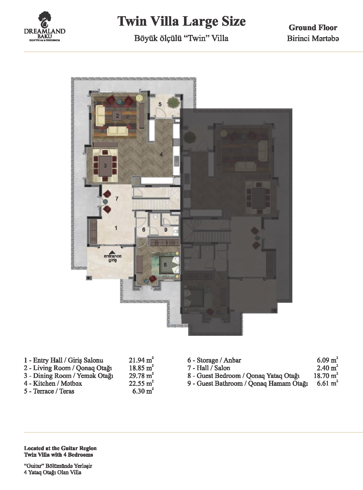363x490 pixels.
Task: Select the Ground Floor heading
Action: click(x=313, y=28)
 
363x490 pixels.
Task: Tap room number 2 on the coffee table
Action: click(x=118, y=115)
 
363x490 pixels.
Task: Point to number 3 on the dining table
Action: click(x=105, y=166)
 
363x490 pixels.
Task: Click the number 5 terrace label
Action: click(x=160, y=104)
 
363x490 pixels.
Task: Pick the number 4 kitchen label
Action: click(x=161, y=154)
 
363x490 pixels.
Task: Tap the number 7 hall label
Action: click(x=117, y=199)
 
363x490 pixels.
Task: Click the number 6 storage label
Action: click(x=144, y=230)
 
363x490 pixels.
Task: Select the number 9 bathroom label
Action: click(x=166, y=230)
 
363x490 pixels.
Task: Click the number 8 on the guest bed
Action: click(x=165, y=265)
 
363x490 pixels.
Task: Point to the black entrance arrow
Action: click(x=113, y=252)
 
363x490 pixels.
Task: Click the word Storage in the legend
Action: click(x=207, y=360)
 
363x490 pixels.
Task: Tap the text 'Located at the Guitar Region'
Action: click(x=60, y=448)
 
